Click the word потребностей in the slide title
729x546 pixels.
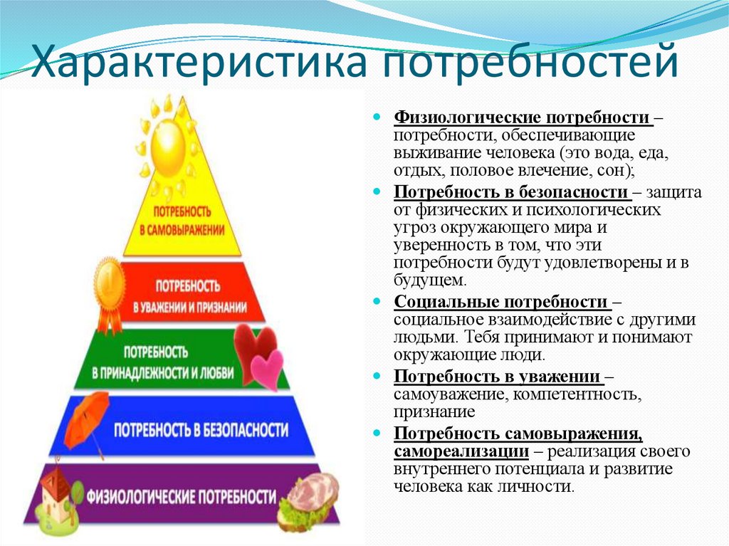pyautogui.click(x=530, y=63)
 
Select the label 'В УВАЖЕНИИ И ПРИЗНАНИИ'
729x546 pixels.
pyautogui.click(x=190, y=308)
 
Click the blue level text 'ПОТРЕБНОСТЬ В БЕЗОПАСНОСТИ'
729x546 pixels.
pyautogui.click(x=201, y=430)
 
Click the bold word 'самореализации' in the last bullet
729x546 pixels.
pyautogui.click(x=461, y=451)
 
